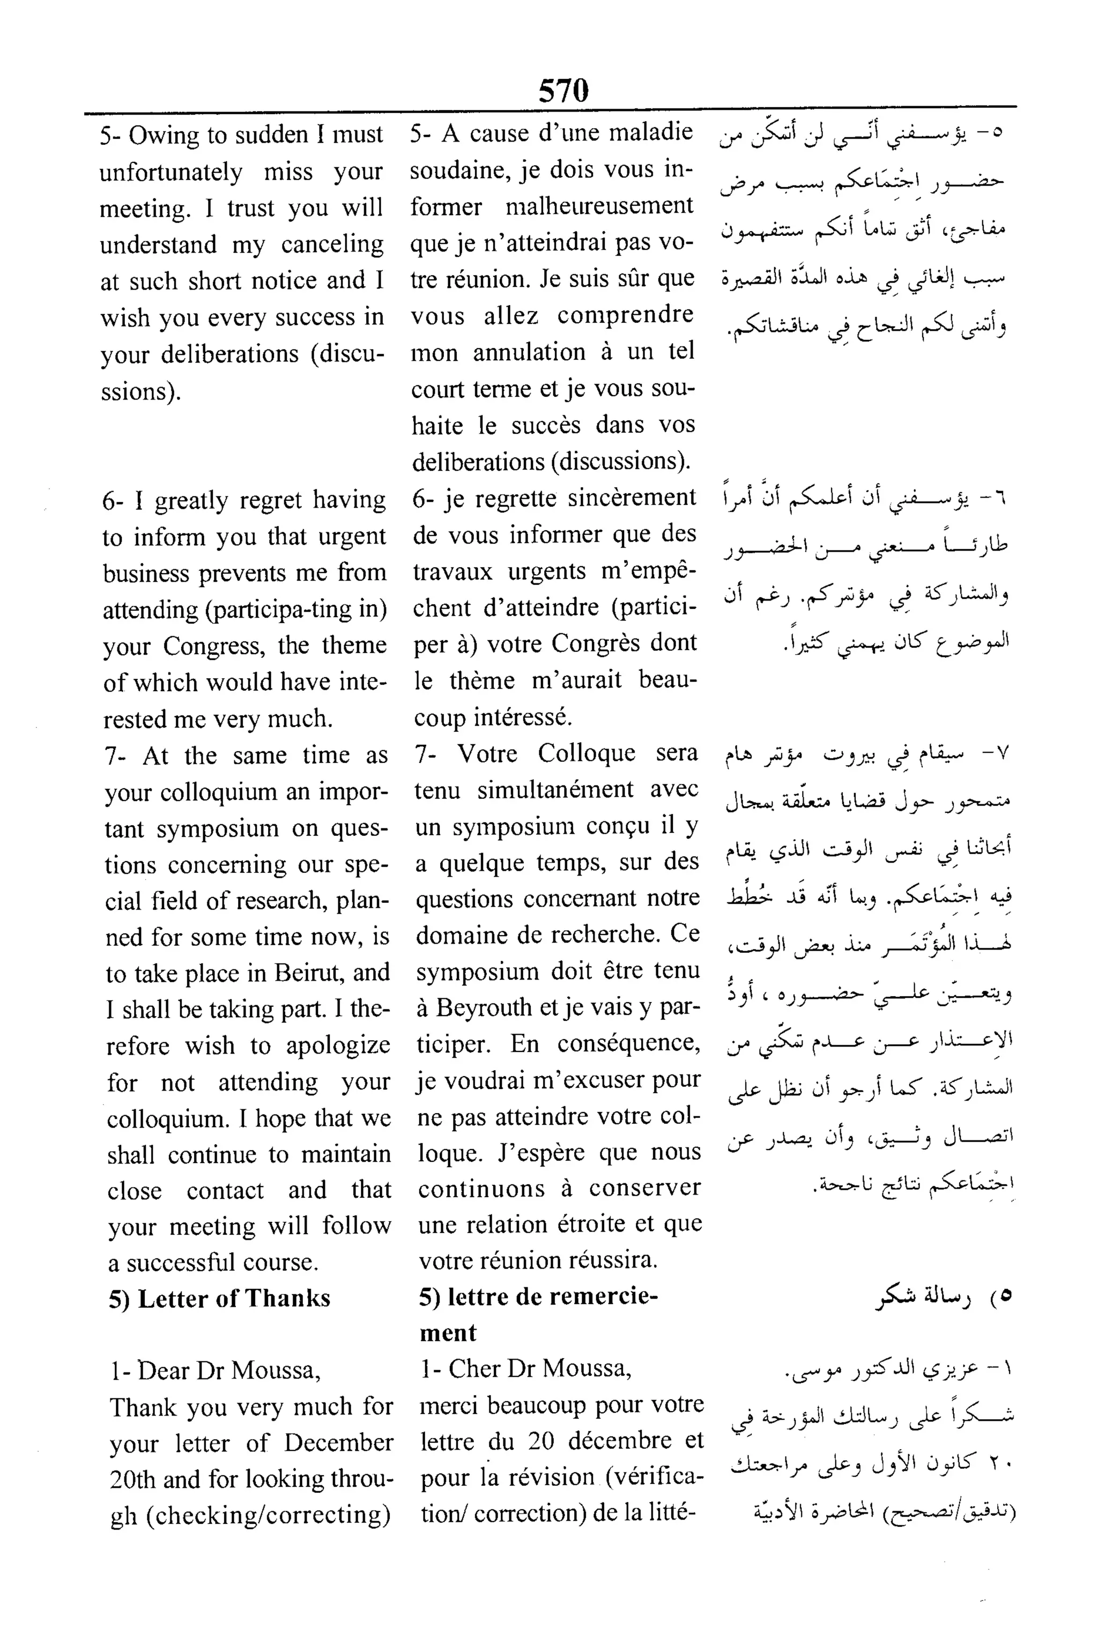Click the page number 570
click(563, 90)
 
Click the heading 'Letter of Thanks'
click(234, 1299)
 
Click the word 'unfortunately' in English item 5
click(171, 172)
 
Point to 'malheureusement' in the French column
click(599, 206)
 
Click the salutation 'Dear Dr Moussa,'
click(216, 1370)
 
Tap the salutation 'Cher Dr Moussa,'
click(526, 1368)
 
